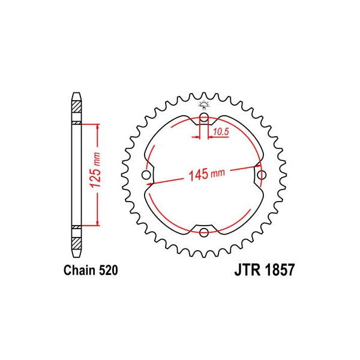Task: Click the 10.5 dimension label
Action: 221,132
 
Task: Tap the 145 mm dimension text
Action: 206,175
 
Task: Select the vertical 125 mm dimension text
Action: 96,170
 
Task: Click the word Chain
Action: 79,270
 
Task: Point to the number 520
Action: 108,270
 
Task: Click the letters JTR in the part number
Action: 247,270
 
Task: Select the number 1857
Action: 279,270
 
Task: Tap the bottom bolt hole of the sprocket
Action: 204,232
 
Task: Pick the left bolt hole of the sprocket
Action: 146,175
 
